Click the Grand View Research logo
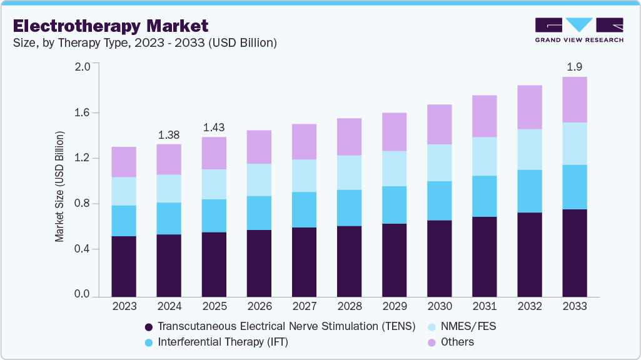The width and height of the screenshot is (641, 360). click(578, 29)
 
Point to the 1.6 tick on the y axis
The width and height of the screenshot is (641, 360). click(83, 112)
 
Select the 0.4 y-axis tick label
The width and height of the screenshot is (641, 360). click(83, 249)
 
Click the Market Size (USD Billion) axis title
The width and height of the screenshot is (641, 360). click(59, 186)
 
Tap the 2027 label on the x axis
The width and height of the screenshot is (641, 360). click(304, 306)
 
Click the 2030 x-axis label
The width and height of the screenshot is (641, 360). click(439, 306)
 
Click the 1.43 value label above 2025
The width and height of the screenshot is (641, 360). click(214, 127)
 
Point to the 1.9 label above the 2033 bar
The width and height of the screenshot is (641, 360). click(575, 67)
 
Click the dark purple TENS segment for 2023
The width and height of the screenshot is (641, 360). click(124, 266)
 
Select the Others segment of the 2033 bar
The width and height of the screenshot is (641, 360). click(575, 100)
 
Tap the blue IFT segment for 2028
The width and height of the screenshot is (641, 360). click(349, 207)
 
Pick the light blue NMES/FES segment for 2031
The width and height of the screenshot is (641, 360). click(484, 156)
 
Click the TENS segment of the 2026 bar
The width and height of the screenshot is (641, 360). click(259, 262)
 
